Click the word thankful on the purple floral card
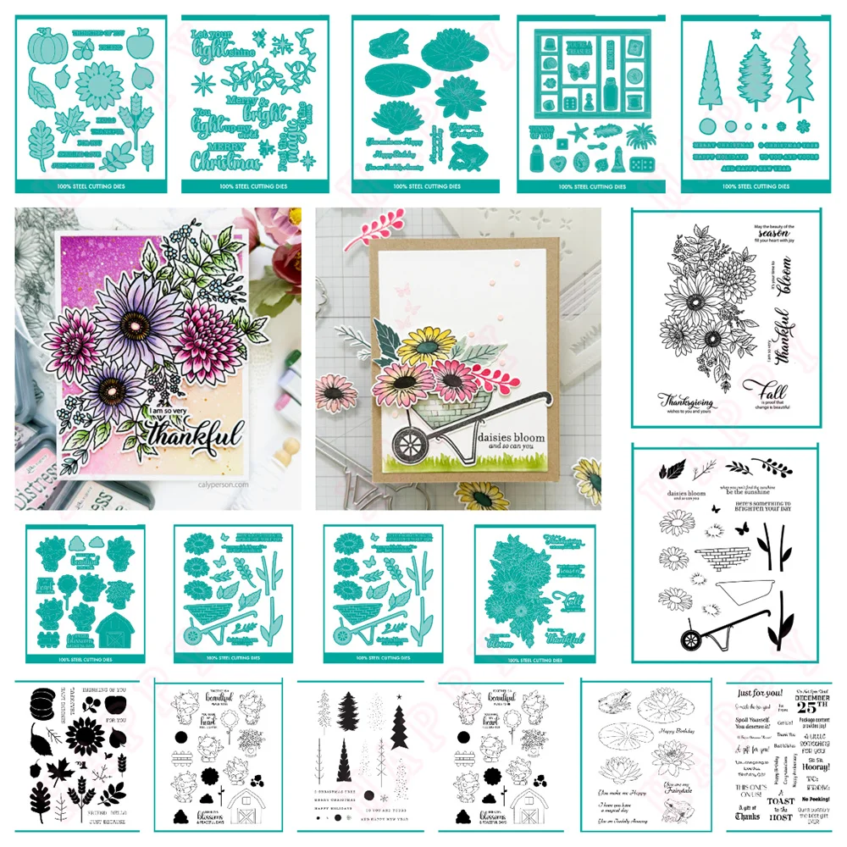pos(188,439)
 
